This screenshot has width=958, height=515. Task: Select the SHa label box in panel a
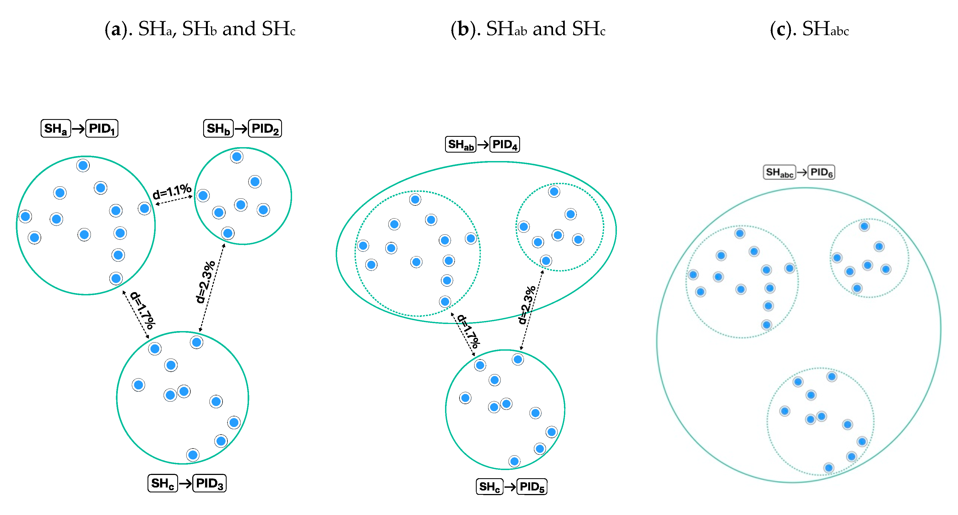click(55, 129)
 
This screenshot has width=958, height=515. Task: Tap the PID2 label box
click(265, 129)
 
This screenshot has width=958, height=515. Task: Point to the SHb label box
click(218, 129)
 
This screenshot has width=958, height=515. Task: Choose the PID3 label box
click(210, 483)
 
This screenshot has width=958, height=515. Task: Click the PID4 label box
click(505, 144)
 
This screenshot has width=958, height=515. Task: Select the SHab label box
click(461, 144)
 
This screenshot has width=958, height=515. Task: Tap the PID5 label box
click(532, 487)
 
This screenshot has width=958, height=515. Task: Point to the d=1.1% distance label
click(172, 192)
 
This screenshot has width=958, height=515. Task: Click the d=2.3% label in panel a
click(205, 282)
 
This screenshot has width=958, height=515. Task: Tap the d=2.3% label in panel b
click(527, 305)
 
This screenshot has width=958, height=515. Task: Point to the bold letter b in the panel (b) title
click(463, 29)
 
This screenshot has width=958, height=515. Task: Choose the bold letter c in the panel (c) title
click(781, 29)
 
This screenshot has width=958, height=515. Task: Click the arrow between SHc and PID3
click(185, 483)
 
